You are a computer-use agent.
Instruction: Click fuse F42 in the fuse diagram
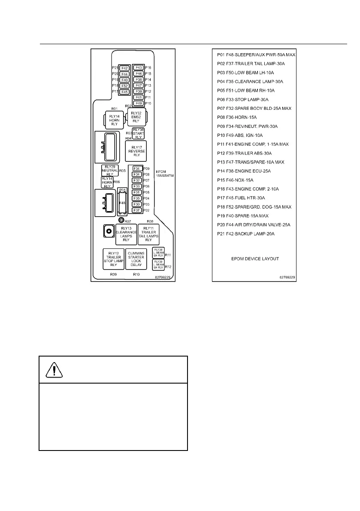[124, 68]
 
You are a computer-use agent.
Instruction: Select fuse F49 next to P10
[138, 103]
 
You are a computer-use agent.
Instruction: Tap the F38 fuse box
[138, 79]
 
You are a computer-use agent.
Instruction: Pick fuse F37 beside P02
[137, 210]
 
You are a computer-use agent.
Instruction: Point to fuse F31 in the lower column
[137, 192]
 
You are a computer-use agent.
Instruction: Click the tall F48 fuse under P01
[122, 203]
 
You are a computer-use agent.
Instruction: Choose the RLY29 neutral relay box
[109, 170]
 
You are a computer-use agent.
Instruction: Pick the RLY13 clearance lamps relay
[126, 234]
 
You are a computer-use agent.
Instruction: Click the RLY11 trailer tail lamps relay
[148, 234]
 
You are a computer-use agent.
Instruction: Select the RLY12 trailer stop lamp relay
[113, 259]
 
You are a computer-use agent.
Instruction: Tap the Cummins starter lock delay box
[136, 259]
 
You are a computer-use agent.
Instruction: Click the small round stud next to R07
[121, 221]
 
